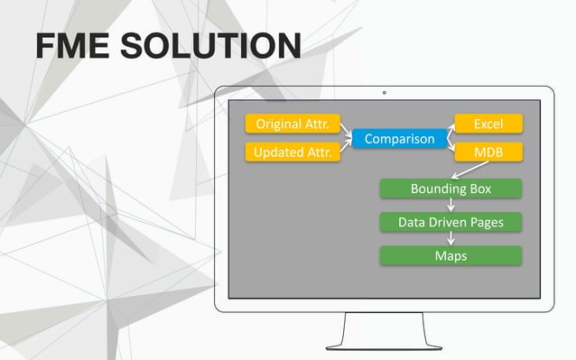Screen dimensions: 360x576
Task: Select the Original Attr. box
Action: [291, 124]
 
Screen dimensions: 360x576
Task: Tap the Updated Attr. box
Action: [291, 152]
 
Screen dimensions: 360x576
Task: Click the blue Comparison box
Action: [393, 139]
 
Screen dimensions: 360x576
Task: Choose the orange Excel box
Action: [488, 124]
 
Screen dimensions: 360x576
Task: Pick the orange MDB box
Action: [488, 152]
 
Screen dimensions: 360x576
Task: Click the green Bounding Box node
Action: [451, 189]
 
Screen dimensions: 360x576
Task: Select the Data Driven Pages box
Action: [451, 222]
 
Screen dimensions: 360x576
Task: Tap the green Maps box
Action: [451, 255]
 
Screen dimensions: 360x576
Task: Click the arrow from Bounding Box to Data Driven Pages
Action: [451, 206]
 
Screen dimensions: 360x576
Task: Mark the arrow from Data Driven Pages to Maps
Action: [451, 238]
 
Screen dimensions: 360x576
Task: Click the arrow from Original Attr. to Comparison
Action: [344, 130]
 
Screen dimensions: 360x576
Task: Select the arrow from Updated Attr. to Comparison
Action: [344, 147]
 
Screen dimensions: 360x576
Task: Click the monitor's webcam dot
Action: [384, 92]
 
